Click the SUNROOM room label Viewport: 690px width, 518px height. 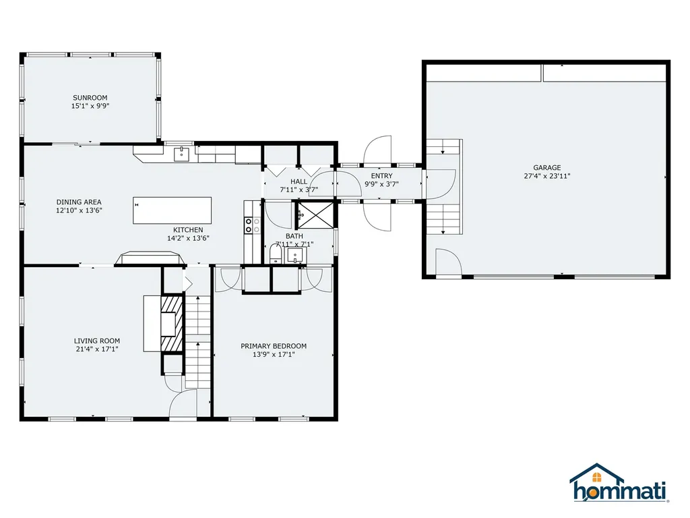coord(90,98)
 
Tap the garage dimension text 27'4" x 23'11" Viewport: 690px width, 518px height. coord(546,176)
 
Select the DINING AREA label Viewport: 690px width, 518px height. coord(79,202)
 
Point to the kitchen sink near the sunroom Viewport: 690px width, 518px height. coord(181,154)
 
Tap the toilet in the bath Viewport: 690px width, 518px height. coord(275,254)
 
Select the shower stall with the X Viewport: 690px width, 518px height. coord(315,214)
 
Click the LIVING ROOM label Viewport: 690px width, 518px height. coord(97,341)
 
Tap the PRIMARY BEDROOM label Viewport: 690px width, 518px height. coord(274,346)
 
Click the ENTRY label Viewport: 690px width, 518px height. coord(381,176)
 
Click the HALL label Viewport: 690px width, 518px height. coord(299,181)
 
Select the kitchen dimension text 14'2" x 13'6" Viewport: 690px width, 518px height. coord(188,238)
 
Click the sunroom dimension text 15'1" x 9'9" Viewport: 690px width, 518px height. coord(90,106)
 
